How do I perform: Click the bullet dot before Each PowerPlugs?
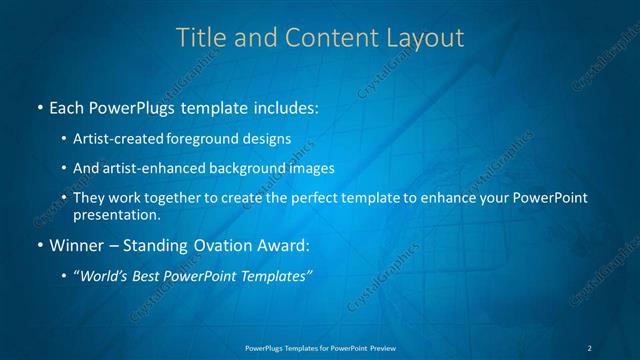(39, 106)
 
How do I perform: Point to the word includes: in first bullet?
(285, 106)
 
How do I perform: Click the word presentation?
(117, 215)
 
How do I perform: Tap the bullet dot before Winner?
(39, 245)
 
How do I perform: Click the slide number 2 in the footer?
(589, 347)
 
